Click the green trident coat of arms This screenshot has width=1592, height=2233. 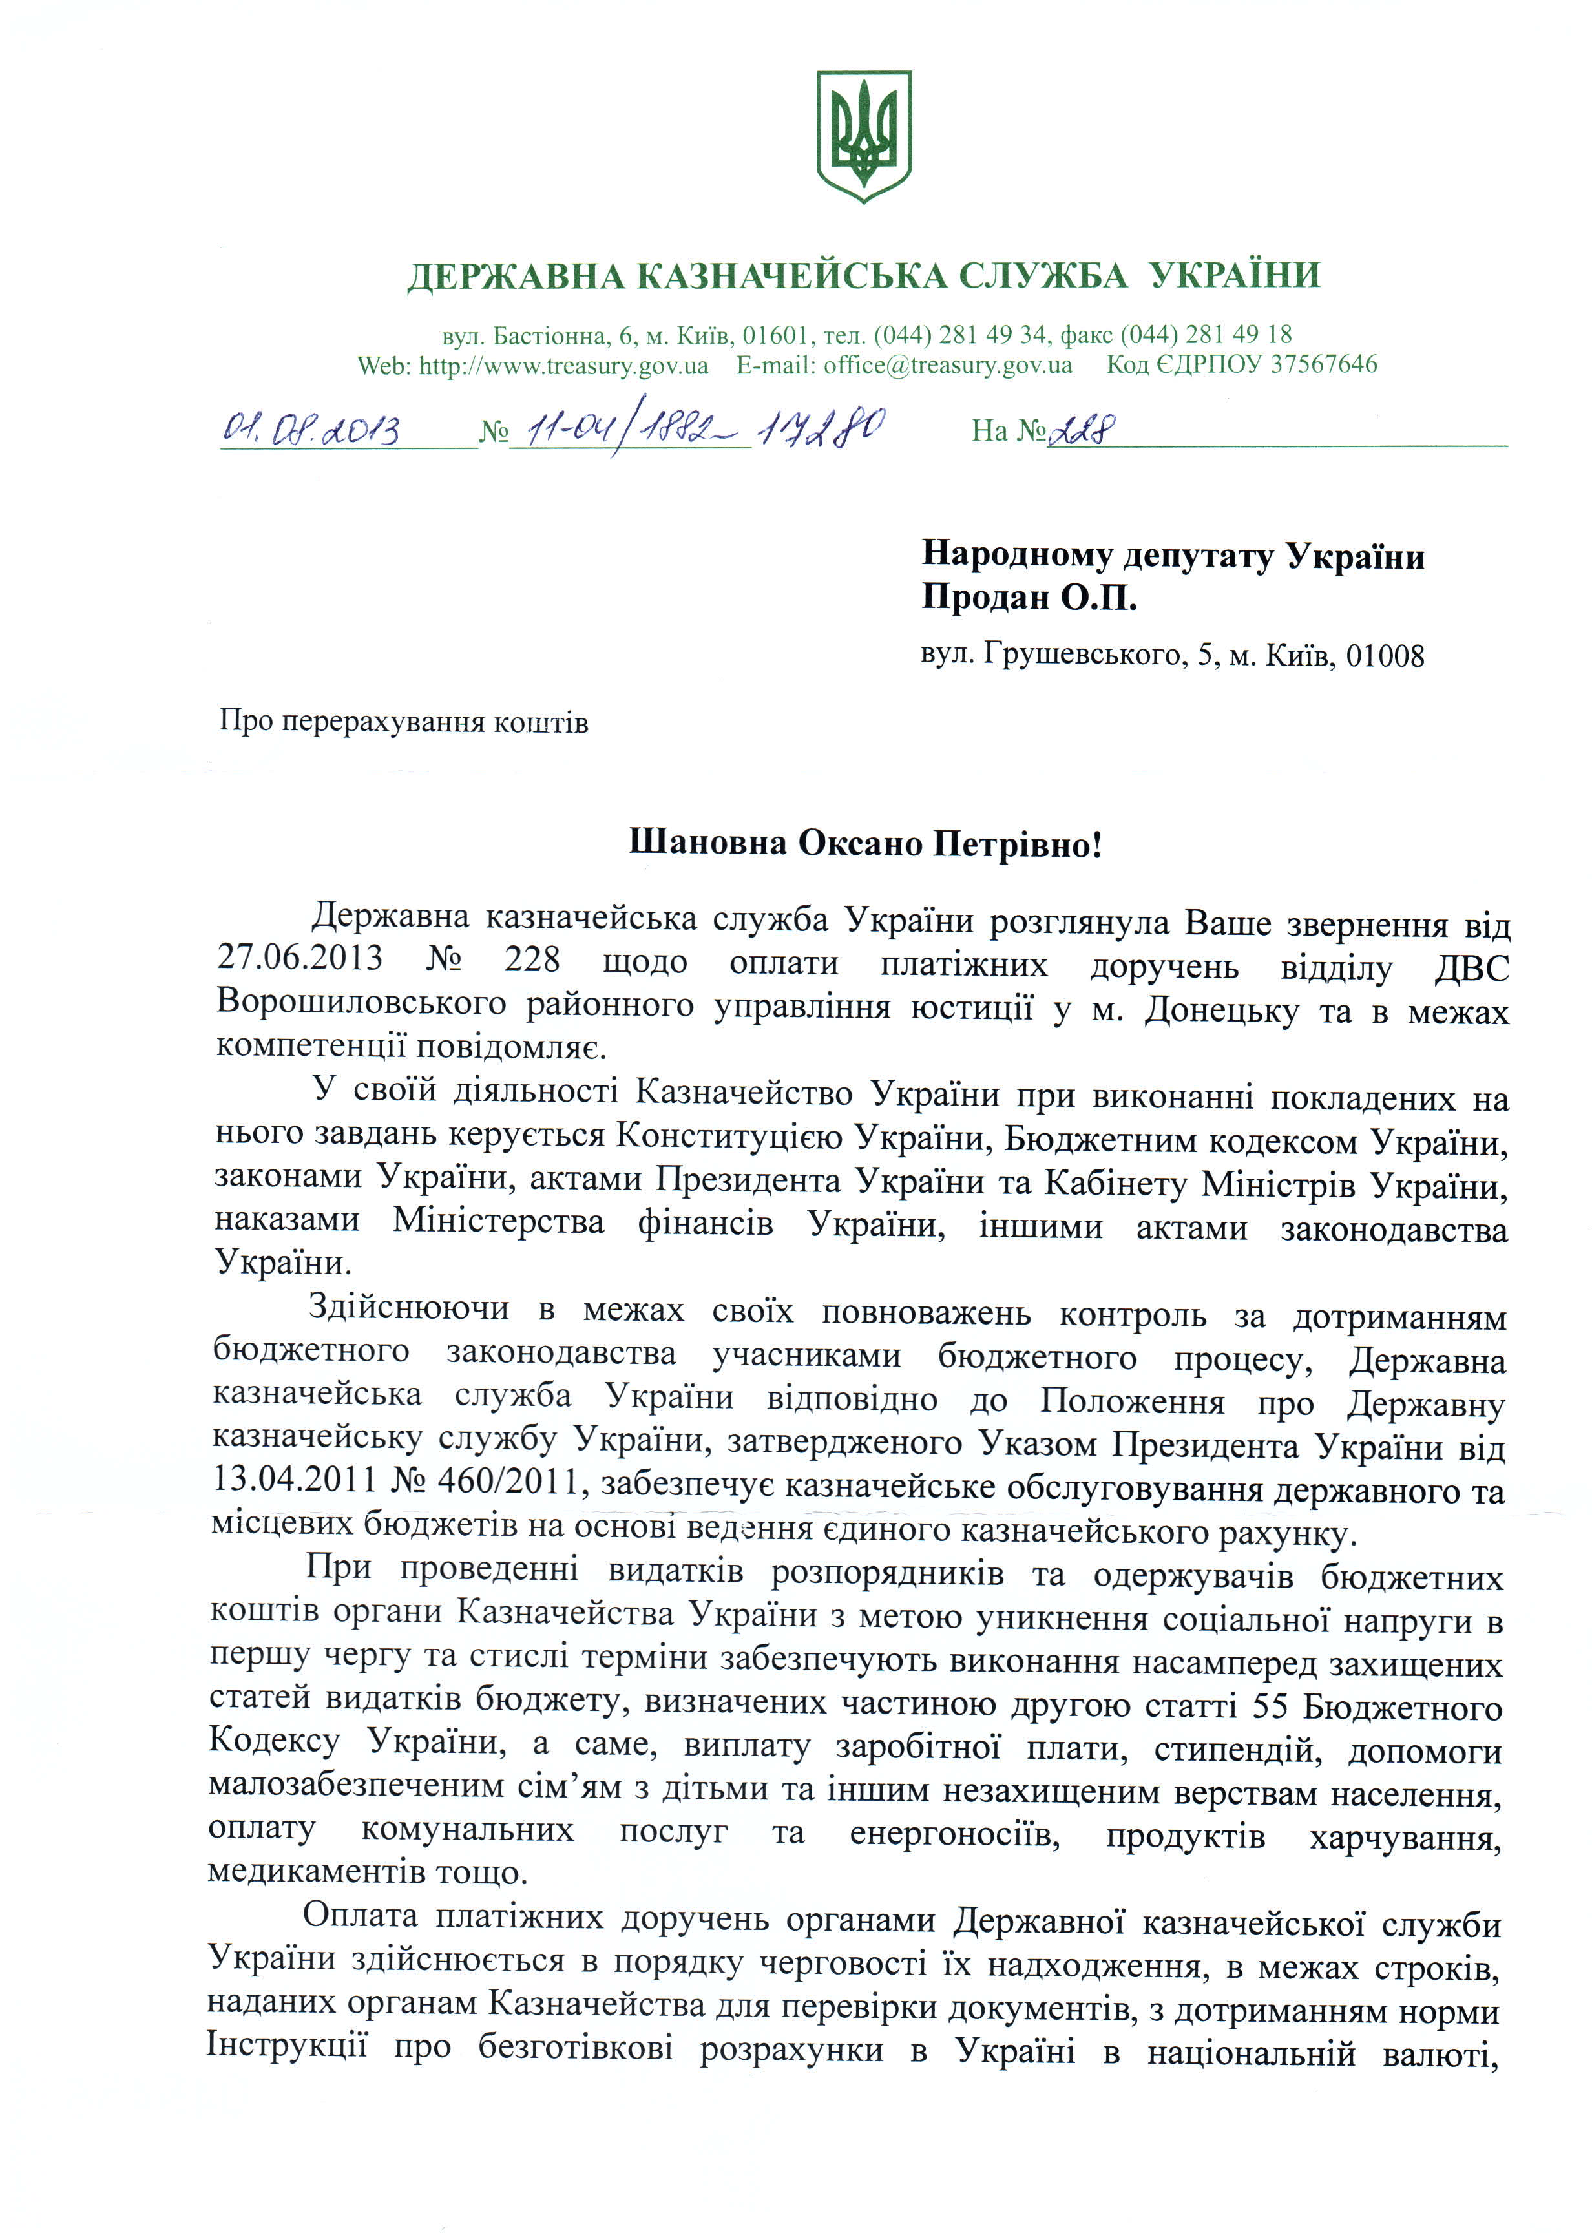coord(864,135)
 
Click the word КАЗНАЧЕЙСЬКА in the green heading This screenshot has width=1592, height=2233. coord(792,277)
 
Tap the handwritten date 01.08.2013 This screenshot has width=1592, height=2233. coord(311,428)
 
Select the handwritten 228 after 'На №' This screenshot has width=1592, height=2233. coord(1082,429)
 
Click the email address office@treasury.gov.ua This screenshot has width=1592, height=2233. coord(947,366)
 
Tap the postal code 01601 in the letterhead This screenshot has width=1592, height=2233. coord(775,335)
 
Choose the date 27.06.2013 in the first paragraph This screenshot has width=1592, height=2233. coord(300,958)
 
